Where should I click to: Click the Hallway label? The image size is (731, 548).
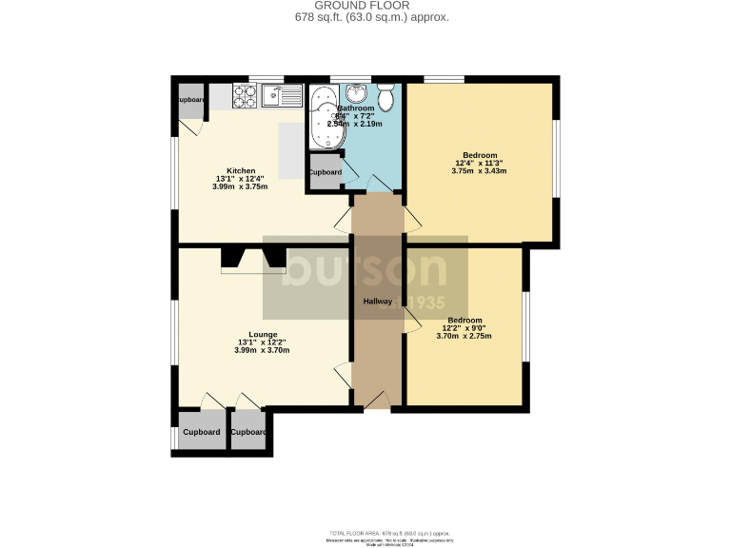(377, 302)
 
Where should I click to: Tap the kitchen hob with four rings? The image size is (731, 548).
(244, 96)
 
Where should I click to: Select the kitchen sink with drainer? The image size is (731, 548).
(283, 96)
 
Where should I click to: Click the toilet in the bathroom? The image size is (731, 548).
(386, 97)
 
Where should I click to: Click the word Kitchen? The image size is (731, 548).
(241, 171)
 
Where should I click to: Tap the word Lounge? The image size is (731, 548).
(263, 335)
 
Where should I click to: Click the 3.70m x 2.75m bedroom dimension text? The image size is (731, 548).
(464, 336)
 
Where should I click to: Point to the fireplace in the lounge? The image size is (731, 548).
(253, 259)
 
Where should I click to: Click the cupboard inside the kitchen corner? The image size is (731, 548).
(189, 101)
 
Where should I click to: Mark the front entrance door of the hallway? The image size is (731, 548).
(377, 401)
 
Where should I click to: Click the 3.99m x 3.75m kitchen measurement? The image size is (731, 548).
(241, 187)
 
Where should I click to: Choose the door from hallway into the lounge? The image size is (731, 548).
(343, 374)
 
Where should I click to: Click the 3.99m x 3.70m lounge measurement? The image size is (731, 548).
(263, 351)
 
